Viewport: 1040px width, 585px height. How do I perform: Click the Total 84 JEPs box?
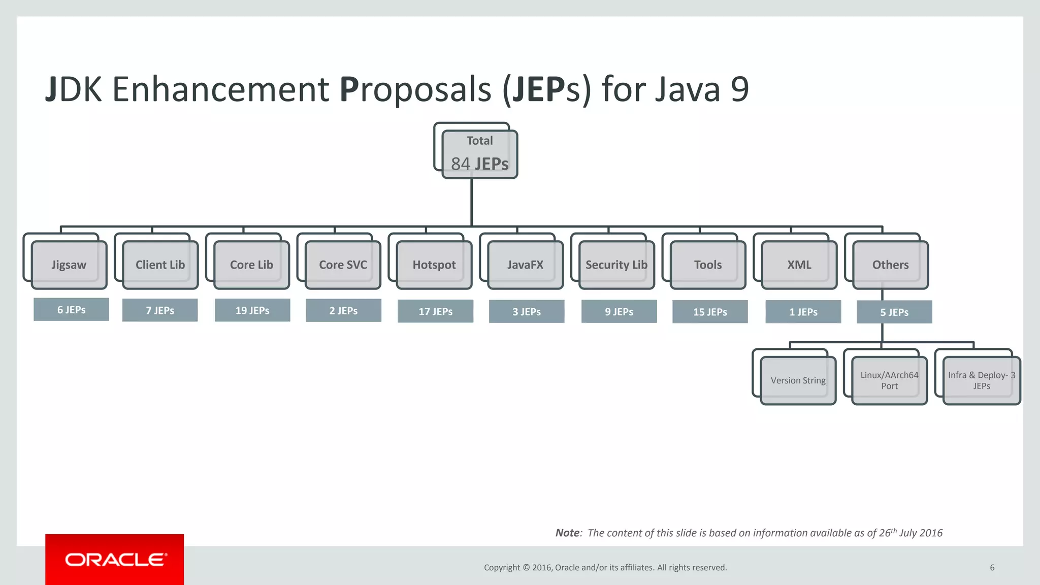click(x=479, y=154)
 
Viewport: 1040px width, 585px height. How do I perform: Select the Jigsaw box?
click(x=69, y=265)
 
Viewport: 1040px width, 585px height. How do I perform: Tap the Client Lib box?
click(x=160, y=265)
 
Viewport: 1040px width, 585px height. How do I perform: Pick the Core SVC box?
click(x=343, y=265)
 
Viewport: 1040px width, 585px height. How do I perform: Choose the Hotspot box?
click(x=434, y=265)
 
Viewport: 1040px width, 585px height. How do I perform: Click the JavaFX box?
click(x=525, y=265)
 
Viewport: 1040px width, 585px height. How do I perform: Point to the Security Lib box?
click(x=616, y=265)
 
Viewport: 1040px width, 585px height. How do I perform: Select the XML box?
click(x=799, y=265)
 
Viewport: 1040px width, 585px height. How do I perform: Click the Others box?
click(x=890, y=265)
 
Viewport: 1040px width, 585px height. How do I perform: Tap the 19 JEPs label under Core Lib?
click(x=252, y=310)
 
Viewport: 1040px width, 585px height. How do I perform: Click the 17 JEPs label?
click(x=435, y=311)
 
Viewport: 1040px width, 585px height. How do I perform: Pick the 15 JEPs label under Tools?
click(x=710, y=312)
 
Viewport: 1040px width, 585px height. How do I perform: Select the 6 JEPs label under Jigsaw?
click(x=71, y=309)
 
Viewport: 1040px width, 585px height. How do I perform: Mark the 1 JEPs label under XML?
click(x=803, y=312)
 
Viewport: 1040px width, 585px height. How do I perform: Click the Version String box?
click(x=798, y=380)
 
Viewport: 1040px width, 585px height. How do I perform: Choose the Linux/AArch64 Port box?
click(x=889, y=380)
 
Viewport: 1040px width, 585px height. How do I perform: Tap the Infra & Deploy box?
click(x=981, y=380)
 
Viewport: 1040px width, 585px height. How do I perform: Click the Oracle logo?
click(x=115, y=559)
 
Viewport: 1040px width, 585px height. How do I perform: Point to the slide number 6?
click(x=992, y=567)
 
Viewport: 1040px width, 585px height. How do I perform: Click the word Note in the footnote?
click(x=567, y=533)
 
